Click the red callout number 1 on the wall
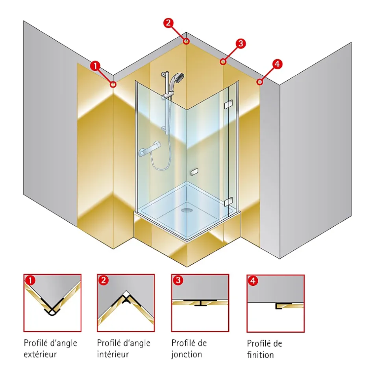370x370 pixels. click(x=95, y=66)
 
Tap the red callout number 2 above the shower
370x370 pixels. click(x=168, y=23)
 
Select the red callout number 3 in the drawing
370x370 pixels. click(x=240, y=44)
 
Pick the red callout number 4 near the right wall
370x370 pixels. click(x=277, y=64)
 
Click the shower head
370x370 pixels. click(x=178, y=78)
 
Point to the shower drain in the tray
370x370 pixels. click(x=187, y=210)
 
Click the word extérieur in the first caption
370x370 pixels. click(x=41, y=354)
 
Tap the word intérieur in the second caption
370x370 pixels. click(x=113, y=354)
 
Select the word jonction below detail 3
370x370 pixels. click(x=187, y=354)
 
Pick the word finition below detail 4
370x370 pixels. click(x=261, y=355)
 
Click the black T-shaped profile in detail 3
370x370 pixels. click(x=200, y=303)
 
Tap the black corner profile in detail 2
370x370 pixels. click(x=126, y=300)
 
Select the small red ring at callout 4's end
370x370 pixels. click(x=260, y=82)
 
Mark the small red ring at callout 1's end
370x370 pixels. click(x=113, y=84)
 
